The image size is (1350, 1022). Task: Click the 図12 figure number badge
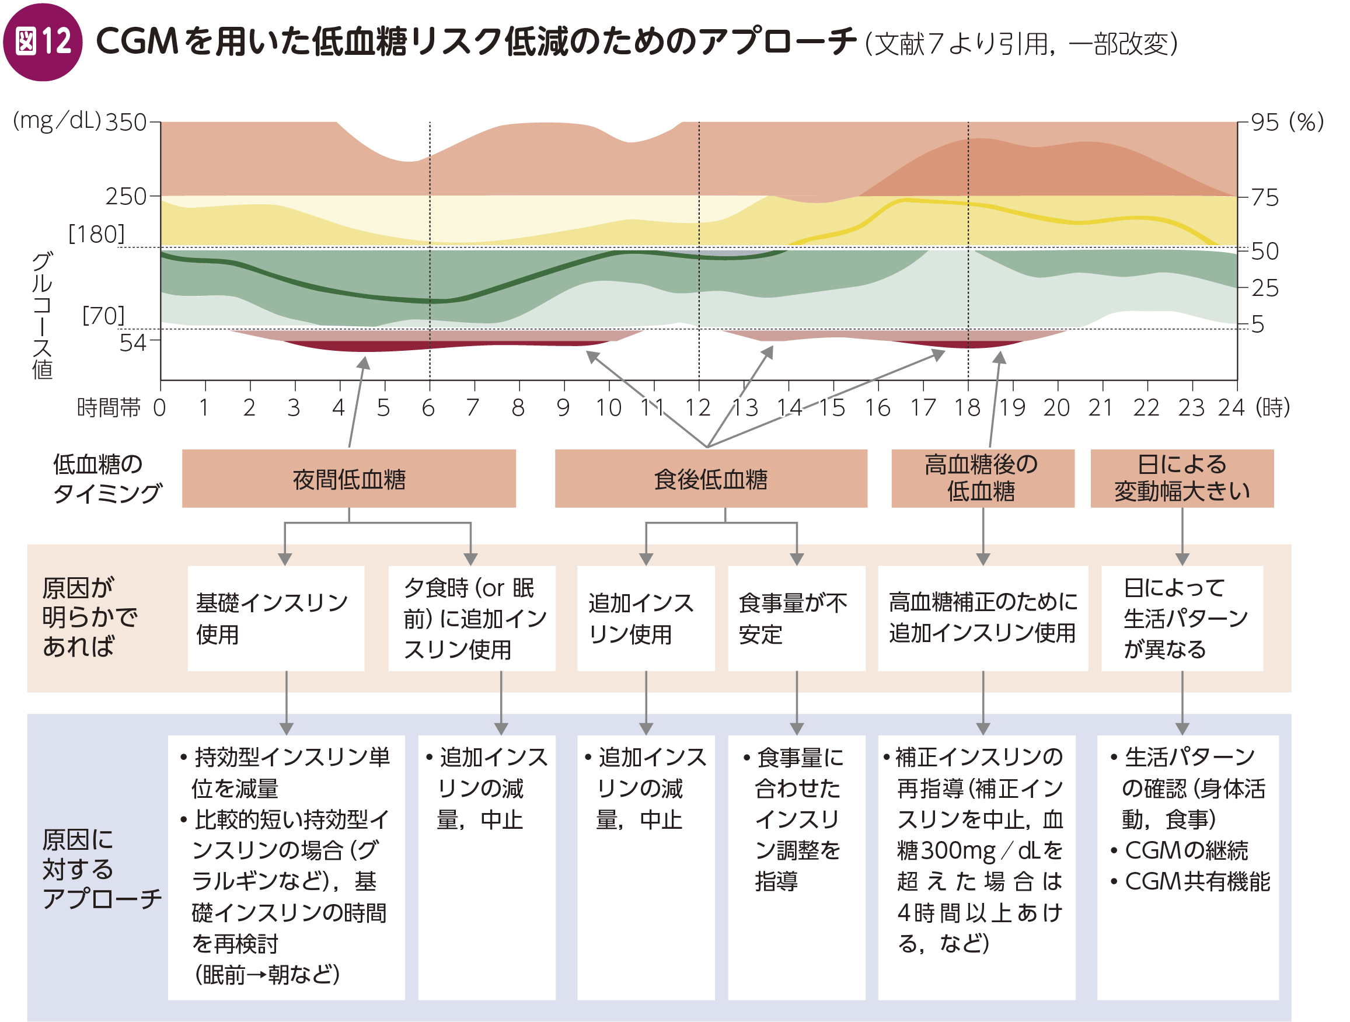43,41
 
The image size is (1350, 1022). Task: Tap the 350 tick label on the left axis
125,123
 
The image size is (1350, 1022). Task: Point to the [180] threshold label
96,233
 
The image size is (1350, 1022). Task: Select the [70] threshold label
103,315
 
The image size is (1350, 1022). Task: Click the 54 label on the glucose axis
132,343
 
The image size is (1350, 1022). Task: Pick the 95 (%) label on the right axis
1285,123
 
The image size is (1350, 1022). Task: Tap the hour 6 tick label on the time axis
428,407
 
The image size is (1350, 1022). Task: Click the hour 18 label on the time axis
967,407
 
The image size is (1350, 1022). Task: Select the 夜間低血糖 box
348,479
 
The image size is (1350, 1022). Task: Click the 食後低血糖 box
710,479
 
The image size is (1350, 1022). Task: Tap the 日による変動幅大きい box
1181,479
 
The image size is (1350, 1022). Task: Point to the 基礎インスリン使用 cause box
275,618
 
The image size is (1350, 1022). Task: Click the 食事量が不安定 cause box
796,618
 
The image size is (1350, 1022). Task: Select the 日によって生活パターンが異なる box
1181,618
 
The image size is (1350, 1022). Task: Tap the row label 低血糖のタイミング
107,479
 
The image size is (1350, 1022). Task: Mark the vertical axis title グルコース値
42,315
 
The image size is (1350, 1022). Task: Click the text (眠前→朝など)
267,974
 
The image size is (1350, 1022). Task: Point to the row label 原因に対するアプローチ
102,869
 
